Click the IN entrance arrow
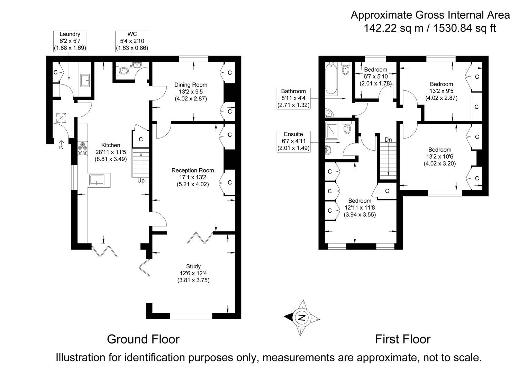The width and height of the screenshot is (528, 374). tap(62, 144)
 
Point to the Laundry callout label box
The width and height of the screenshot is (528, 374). tap(70, 41)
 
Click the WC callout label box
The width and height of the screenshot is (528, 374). tap(132, 41)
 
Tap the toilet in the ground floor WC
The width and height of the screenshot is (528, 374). tap(123, 70)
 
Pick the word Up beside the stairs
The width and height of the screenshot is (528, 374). tap(141, 180)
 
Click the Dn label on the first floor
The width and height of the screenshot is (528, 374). tap(388, 140)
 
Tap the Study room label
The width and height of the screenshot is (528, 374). tap(193, 266)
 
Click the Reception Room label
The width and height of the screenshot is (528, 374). tap(193, 170)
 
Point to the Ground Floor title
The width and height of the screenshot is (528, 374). tap(143, 339)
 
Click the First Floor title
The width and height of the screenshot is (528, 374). tap(403, 339)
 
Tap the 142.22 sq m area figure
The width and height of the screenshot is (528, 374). tap(393, 28)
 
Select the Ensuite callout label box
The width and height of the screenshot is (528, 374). tap(293, 141)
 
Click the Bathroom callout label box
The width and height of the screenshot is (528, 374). tap(293, 98)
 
